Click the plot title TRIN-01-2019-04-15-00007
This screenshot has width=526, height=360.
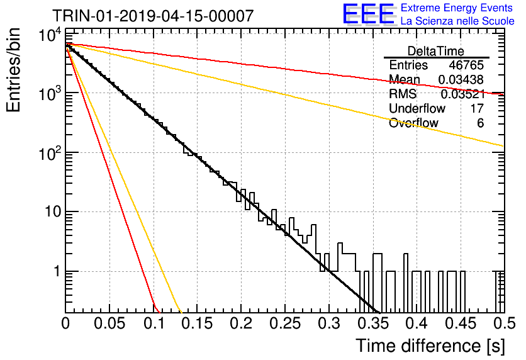(x=153, y=16)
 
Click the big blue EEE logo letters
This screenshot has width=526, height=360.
(x=368, y=14)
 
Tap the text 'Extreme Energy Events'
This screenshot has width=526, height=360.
(x=457, y=8)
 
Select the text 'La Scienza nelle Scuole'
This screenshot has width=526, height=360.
(x=457, y=21)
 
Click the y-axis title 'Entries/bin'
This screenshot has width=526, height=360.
(x=13, y=70)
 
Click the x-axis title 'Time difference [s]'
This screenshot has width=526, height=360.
(x=430, y=346)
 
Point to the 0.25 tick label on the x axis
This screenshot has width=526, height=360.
(x=285, y=323)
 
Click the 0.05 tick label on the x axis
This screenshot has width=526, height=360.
(x=109, y=323)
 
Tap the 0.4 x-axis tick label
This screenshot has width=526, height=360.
(x=417, y=323)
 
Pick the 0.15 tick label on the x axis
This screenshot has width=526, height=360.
(x=198, y=323)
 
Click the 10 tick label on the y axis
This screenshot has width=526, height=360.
(x=53, y=211)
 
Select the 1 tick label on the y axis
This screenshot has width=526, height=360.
(x=57, y=271)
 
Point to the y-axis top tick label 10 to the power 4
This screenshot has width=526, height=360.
(x=50, y=35)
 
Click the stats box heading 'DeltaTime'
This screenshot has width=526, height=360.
(x=436, y=51)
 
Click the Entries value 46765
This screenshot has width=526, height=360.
(x=466, y=65)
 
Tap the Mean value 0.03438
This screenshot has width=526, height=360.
(x=461, y=79)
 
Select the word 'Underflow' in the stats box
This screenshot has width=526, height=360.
(x=417, y=108)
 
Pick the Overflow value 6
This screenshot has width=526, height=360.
(x=480, y=123)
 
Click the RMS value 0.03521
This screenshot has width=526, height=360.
(x=463, y=94)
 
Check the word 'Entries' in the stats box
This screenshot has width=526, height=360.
(x=408, y=65)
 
